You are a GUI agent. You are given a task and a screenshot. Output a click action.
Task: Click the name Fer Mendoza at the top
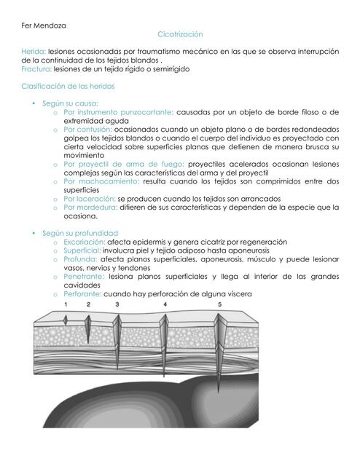[x=44, y=25]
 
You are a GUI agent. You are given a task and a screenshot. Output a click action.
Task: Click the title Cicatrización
[x=179, y=34]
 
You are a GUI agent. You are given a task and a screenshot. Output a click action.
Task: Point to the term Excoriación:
[x=84, y=241]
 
